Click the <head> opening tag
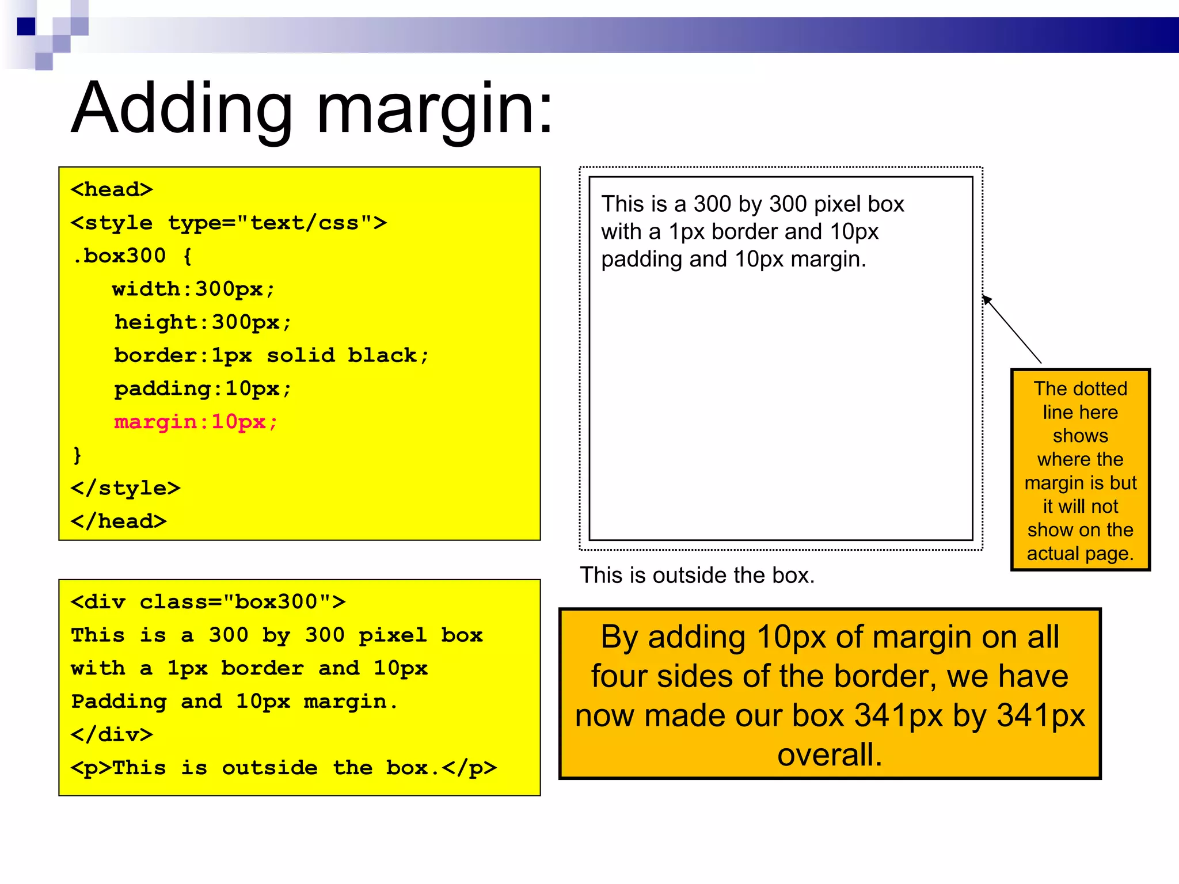coord(112,189)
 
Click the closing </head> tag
coord(119,521)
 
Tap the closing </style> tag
coord(125,488)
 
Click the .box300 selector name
coord(120,256)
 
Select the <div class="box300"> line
coord(208,602)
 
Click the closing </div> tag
coord(112,734)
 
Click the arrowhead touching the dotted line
coord(987,299)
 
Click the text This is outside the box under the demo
coord(697,575)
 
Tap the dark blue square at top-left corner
coord(26,26)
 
